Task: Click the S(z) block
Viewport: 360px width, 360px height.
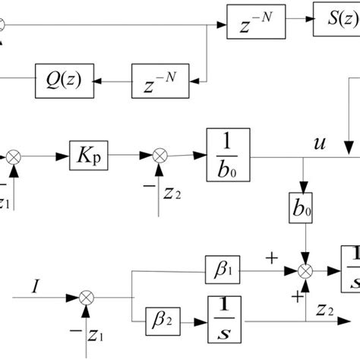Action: [x=336, y=26]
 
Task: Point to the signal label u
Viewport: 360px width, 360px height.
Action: [x=318, y=142]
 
